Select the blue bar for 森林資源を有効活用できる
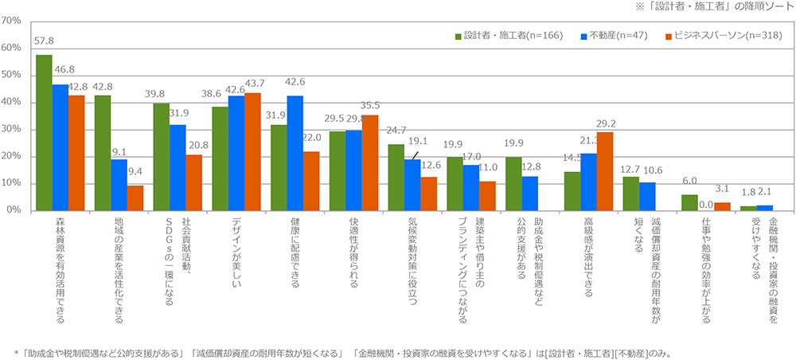pos(60,147)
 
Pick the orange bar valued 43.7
pos(252,151)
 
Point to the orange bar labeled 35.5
pos(369,162)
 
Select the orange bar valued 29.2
pos(604,170)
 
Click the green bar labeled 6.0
pos(689,202)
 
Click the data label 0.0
pos(705,204)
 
